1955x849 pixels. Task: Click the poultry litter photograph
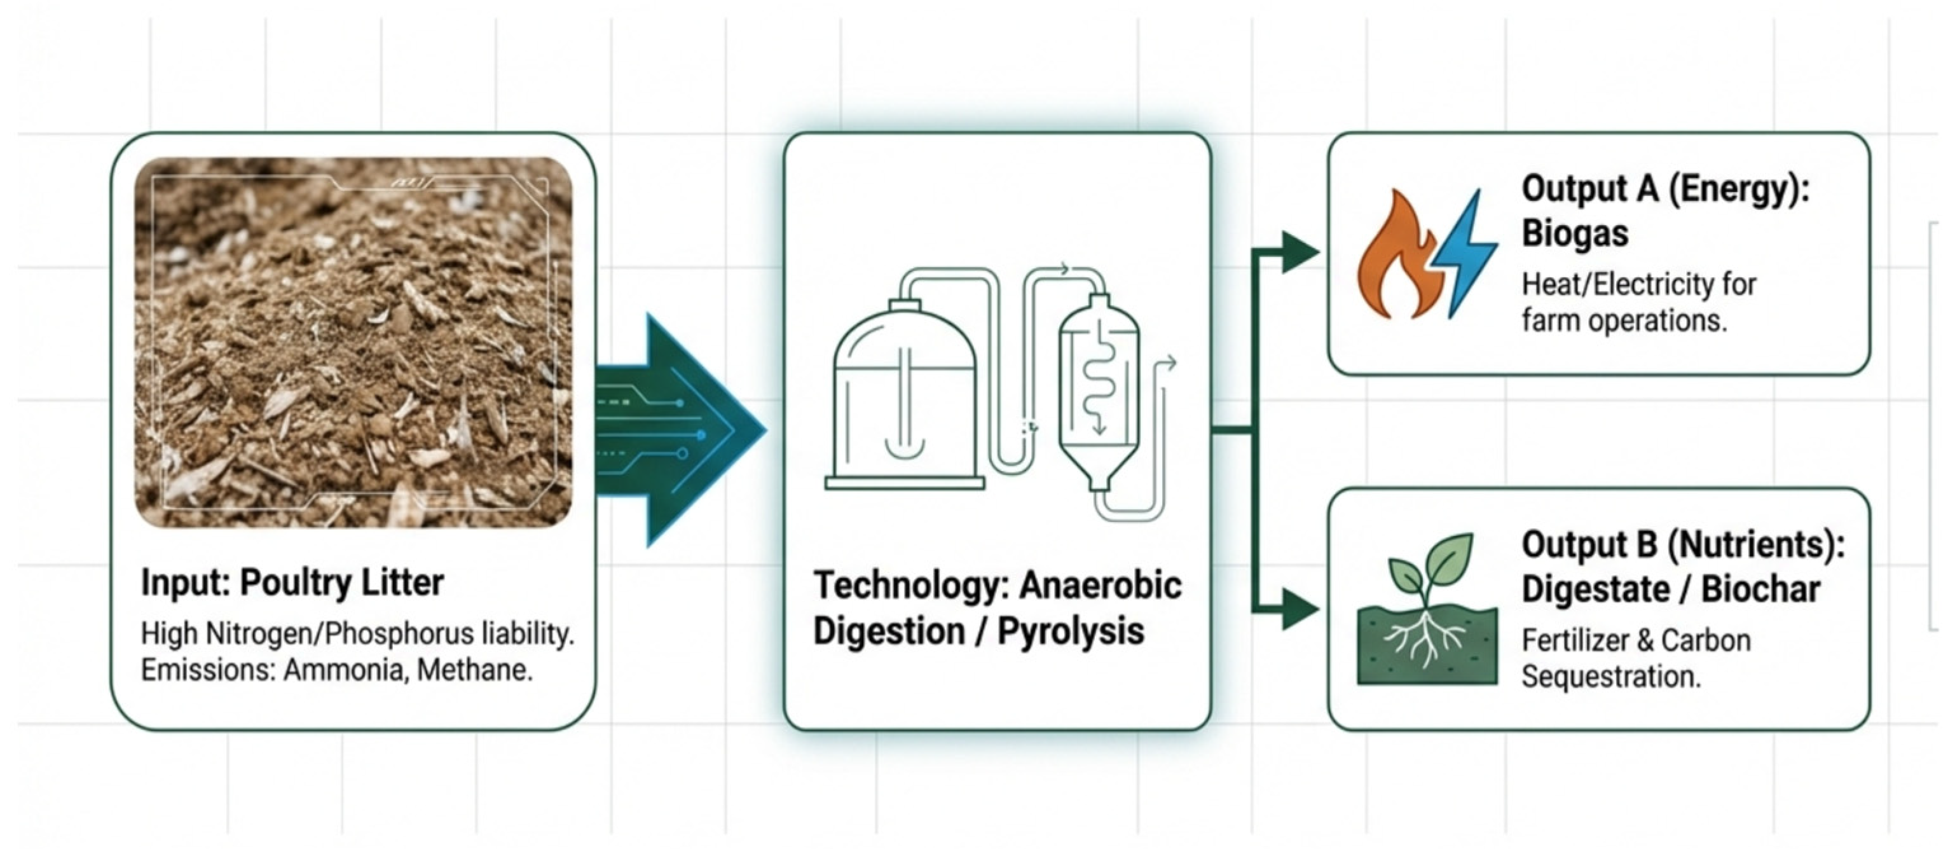pyautogui.click(x=353, y=342)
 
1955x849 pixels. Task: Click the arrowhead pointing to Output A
pyautogui.click(x=1300, y=252)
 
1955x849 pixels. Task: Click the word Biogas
pyautogui.click(x=1575, y=233)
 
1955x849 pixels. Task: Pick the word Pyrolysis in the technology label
pyautogui.click(x=1070, y=631)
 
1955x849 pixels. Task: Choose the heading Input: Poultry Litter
pyautogui.click(x=292, y=583)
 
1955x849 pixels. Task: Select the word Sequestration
pyautogui.click(x=1610, y=676)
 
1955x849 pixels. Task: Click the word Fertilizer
pyautogui.click(x=1570, y=641)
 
